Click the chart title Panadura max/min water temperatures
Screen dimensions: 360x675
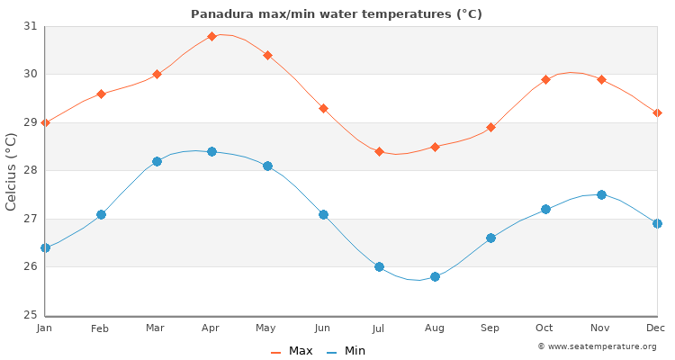(337, 13)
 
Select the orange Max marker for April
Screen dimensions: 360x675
(211, 36)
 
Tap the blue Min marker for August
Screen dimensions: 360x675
(435, 276)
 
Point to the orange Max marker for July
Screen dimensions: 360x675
(379, 151)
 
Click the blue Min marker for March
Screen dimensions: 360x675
(157, 161)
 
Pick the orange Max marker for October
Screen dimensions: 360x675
(545, 79)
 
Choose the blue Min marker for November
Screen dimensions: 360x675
(601, 194)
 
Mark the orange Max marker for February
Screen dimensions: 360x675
(101, 94)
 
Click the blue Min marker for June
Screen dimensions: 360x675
(323, 214)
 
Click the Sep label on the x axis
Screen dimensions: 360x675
(490, 328)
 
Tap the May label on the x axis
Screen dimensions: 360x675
(267, 328)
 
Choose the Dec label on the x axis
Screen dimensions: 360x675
(656, 328)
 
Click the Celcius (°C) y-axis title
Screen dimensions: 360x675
(12, 171)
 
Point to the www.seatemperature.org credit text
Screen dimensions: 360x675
(597, 346)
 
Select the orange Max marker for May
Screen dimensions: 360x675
(267, 55)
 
